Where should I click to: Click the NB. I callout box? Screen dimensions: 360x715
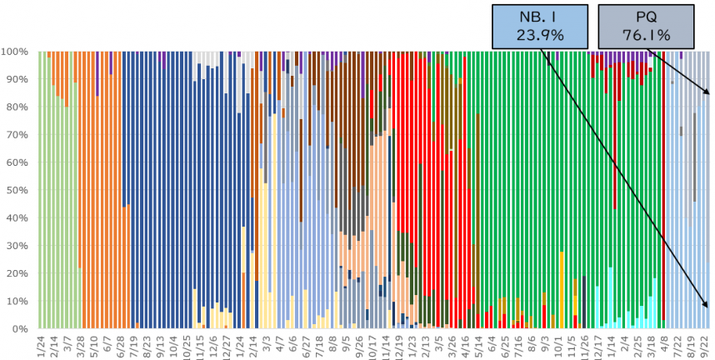coord(540,24)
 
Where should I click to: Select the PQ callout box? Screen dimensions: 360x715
coord(646,24)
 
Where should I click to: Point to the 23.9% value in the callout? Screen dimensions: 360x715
coord(540,34)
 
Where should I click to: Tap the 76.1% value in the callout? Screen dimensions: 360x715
coord(646,34)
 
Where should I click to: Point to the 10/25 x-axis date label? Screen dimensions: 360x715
coord(187,345)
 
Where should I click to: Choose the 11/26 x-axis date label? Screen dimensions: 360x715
coord(586,345)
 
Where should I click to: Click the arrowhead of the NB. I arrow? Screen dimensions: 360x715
coord(707,305)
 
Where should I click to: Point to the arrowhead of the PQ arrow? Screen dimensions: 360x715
coord(707,92)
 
